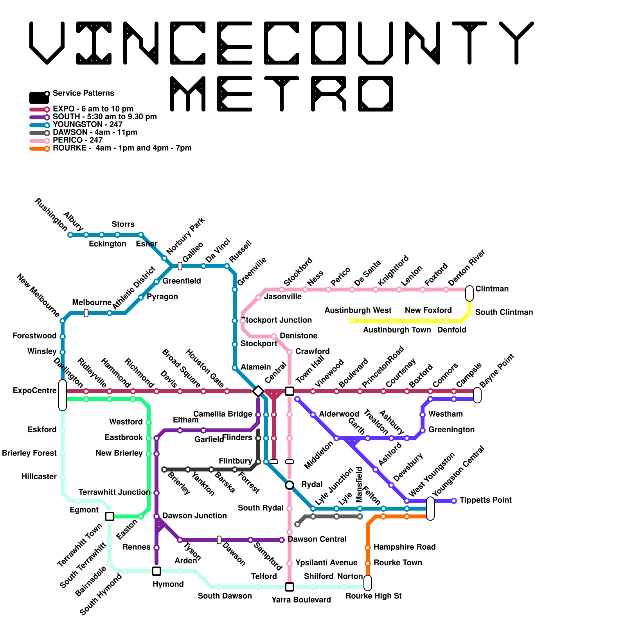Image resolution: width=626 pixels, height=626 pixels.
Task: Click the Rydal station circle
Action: click(290, 485)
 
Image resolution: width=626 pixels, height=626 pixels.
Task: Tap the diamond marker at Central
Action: click(258, 391)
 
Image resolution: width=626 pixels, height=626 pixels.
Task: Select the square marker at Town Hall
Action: click(290, 391)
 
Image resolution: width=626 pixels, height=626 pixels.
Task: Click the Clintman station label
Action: click(492, 289)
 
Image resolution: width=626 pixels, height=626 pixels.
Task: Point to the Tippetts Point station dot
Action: click(454, 501)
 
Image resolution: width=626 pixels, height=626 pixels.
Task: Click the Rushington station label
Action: click(51, 214)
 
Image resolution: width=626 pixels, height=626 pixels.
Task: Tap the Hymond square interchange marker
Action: click(156, 571)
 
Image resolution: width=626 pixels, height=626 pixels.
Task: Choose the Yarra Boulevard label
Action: click(301, 600)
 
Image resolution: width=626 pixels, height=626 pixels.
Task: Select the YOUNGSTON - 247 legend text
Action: click(88, 125)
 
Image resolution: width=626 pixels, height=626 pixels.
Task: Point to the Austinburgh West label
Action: click(358, 311)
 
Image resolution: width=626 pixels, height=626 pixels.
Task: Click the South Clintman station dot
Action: click(469, 313)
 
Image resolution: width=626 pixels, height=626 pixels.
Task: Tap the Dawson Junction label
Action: click(194, 516)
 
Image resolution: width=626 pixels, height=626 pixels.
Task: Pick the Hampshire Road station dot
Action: click(368, 548)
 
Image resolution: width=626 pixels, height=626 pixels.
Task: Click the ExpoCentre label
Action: click(35, 391)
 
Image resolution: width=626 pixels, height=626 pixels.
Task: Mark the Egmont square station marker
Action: click(110, 516)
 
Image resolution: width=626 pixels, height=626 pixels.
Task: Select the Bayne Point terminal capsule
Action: click(477, 395)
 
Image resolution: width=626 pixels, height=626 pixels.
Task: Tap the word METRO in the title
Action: click(282, 94)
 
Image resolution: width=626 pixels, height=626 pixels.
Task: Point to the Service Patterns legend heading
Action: click(83, 94)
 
